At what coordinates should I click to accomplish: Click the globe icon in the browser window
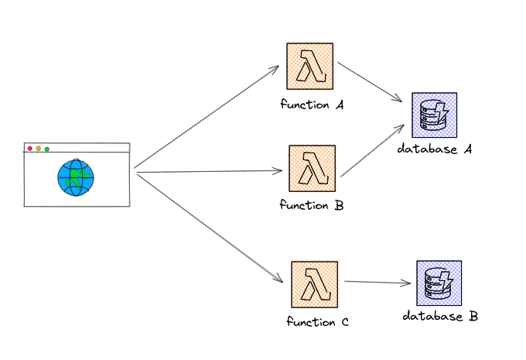point(76,177)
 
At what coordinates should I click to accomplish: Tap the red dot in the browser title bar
point(30,148)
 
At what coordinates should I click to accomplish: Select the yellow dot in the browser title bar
point(39,148)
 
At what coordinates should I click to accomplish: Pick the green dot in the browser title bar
point(47,148)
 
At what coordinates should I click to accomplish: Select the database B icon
point(439,283)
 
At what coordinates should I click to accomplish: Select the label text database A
point(435,149)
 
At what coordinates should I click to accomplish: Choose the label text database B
point(440,317)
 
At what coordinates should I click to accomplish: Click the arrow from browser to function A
point(207,117)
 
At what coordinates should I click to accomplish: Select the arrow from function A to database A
point(370,82)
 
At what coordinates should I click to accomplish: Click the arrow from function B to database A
point(373,150)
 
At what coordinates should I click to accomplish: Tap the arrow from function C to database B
point(377,283)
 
